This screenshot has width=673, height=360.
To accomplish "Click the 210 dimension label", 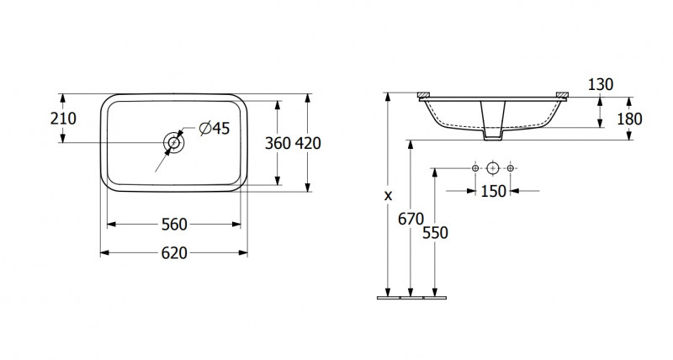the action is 63,119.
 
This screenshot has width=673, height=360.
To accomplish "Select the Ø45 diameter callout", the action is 215,128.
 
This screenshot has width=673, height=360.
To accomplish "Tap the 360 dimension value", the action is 278,143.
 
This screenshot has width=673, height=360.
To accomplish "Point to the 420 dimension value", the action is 308,143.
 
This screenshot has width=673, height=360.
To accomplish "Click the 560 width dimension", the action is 174,224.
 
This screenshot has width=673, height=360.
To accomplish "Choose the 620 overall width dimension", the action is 174,253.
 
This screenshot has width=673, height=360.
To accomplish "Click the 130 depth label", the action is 601,84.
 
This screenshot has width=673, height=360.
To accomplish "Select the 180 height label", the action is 629,119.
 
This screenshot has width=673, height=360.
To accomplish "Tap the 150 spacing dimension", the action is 493,192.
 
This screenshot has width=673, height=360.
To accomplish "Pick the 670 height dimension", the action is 411,220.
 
